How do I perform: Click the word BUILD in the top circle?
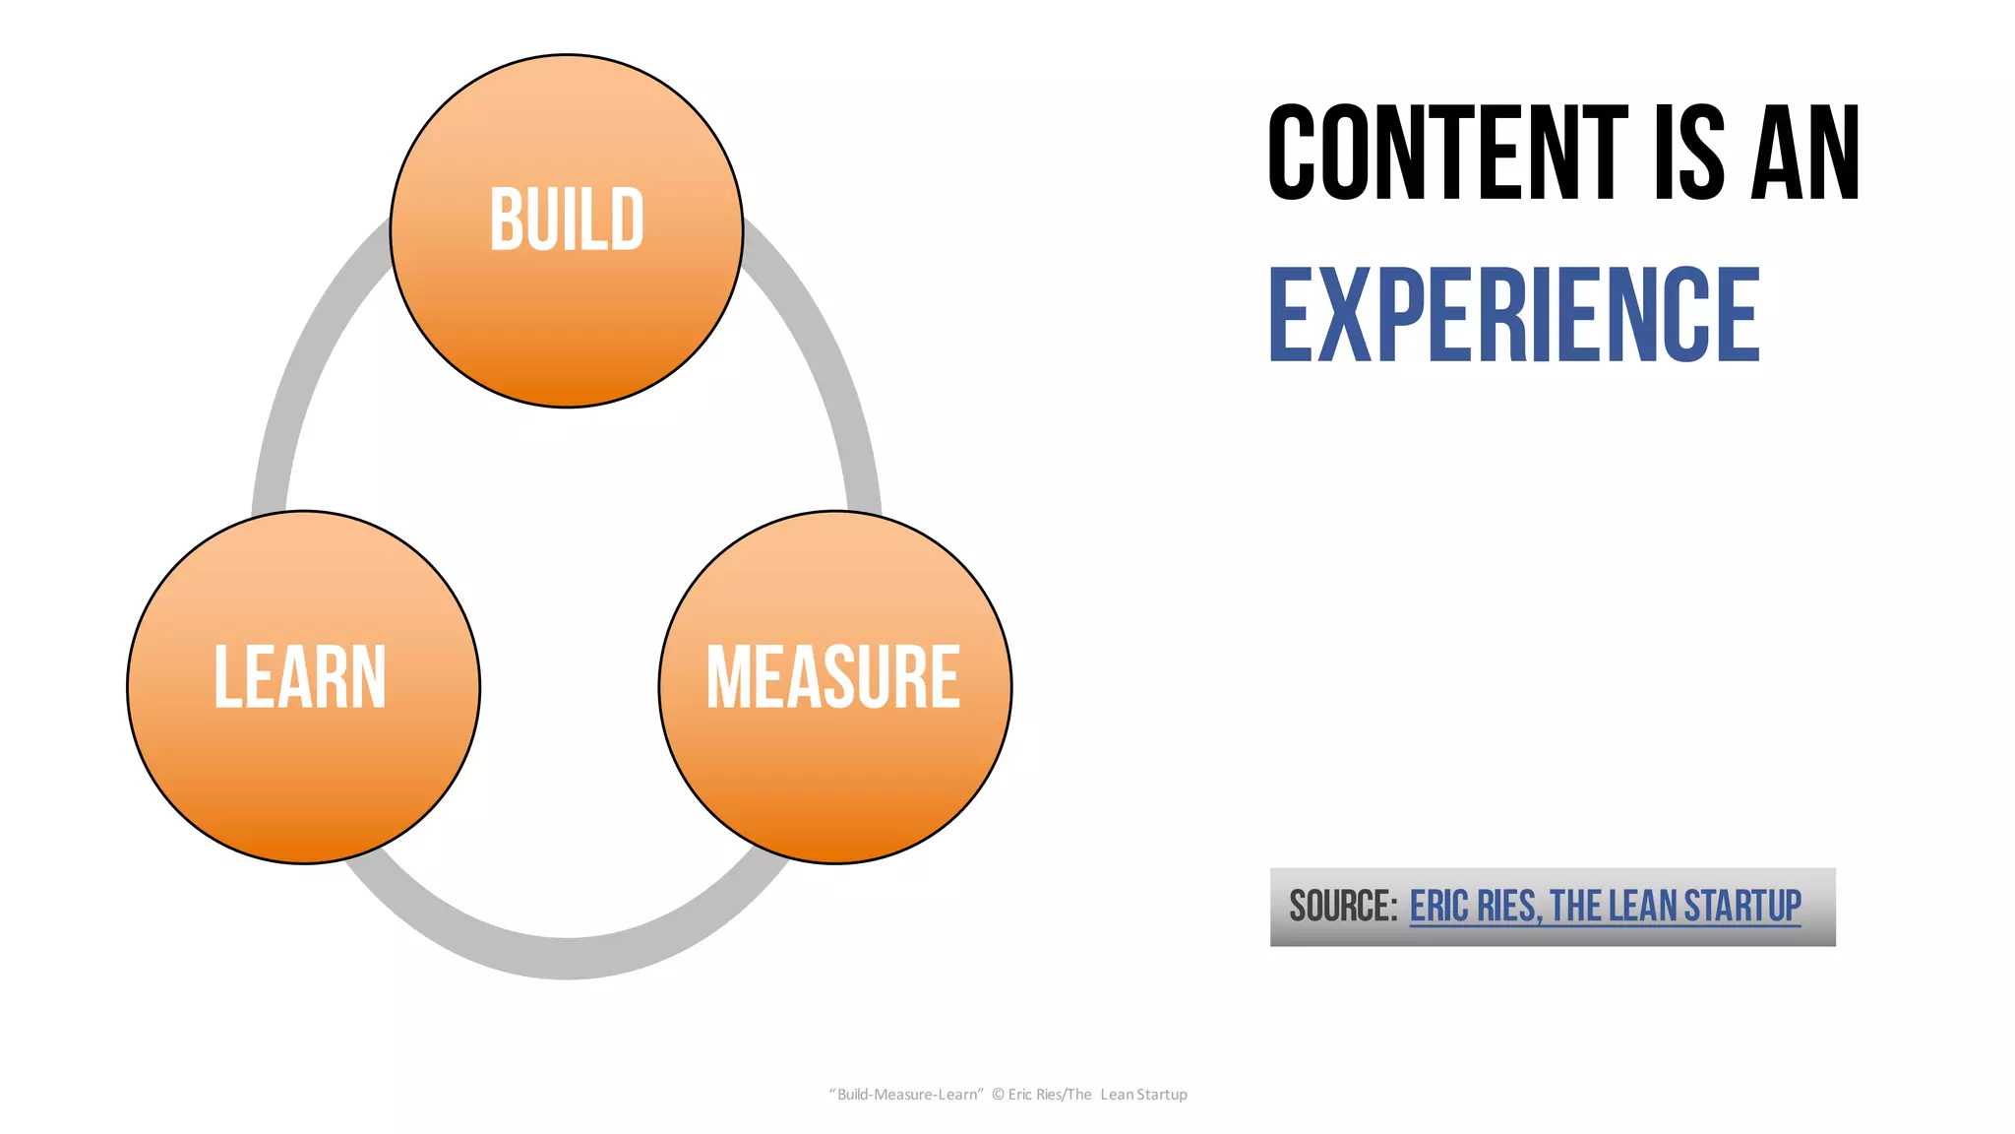567,220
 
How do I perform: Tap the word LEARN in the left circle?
300,677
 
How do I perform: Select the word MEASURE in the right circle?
833,677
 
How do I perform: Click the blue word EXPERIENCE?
1514,315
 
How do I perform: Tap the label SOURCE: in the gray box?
1343,907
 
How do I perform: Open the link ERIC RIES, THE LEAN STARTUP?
1605,907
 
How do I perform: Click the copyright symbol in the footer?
998,1095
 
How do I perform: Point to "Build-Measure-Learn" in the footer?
906,1095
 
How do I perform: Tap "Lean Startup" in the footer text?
1143,1095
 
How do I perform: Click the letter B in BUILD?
506,220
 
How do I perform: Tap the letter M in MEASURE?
728,677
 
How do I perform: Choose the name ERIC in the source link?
1439,907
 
